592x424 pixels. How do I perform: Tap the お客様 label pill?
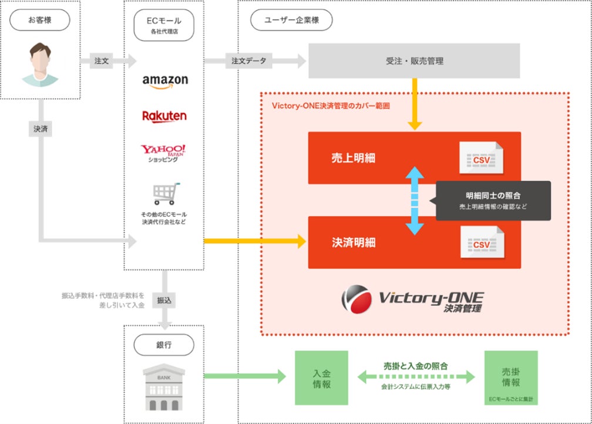click(39, 21)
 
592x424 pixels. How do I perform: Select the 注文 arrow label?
click(101, 60)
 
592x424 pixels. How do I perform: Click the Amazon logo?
click(164, 81)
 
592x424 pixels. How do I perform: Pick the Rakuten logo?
click(164, 116)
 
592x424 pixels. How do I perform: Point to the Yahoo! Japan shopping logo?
click(163, 153)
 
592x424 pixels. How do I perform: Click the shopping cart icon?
click(165, 194)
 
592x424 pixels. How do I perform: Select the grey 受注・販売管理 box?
click(414, 61)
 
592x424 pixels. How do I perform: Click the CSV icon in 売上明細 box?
click(482, 158)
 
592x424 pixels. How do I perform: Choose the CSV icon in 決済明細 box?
click(482, 243)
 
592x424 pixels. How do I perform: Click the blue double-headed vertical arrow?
click(415, 200)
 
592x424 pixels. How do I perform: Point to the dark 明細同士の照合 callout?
click(493, 200)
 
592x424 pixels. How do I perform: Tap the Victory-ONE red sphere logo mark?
click(356, 299)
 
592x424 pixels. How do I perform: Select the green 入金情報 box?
click(321, 378)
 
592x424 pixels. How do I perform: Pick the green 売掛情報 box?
click(510, 378)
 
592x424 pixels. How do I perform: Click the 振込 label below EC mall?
click(164, 300)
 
